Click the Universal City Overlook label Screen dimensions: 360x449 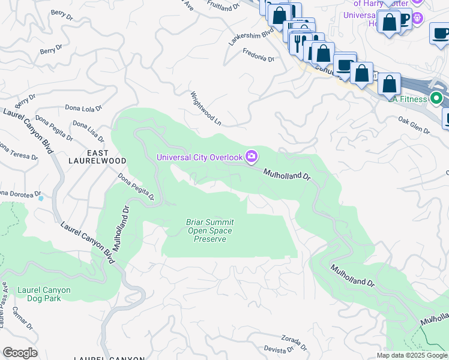pos(199,158)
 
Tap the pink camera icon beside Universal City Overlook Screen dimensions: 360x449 pos(252,157)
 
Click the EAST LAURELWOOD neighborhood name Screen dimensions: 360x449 pos(97,157)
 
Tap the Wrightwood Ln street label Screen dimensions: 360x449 pos(206,109)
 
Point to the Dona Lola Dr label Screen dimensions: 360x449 pos(83,109)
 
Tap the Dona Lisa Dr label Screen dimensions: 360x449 pos(88,132)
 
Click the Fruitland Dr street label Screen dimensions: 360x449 pos(218,8)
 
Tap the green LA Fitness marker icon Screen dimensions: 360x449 pos(437,98)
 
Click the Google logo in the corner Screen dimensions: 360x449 pos(20,353)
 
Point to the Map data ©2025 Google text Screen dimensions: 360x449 pos(412,355)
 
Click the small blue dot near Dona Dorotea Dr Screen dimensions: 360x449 pos(40,197)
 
